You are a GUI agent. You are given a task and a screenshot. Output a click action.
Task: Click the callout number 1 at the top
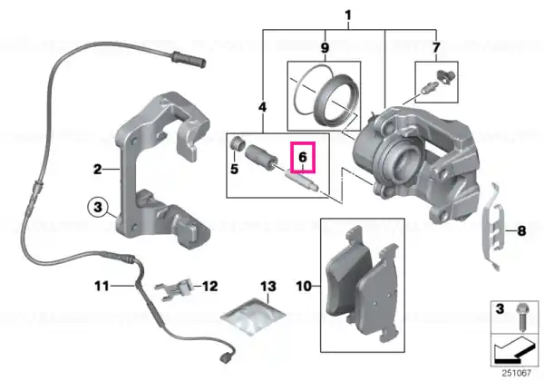[x=348, y=15]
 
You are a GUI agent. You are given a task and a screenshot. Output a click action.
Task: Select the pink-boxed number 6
[x=303, y=157]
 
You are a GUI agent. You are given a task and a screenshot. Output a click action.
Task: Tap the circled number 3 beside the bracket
[x=98, y=207]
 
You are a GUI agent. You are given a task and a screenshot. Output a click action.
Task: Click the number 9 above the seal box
[x=325, y=47]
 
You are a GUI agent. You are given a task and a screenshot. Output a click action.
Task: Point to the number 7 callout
[x=436, y=47]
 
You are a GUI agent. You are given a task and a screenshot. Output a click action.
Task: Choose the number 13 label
[x=268, y=287]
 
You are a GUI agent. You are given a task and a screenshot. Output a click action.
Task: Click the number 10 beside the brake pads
[x=304, y=287]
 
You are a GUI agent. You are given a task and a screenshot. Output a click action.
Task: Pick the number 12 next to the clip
[x=210, y=287]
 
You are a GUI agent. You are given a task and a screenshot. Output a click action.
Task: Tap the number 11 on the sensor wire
[x=102, y=287]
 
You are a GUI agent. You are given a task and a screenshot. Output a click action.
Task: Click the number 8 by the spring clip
[x=521, y=230]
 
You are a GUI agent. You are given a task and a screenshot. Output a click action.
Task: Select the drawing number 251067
[x=517, y=373]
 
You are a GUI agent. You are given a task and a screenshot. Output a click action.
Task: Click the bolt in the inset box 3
[x=521, y=317]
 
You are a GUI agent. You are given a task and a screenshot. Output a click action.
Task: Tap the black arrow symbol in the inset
[x=514, y=350]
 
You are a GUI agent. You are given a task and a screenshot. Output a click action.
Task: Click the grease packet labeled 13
[x=253, y=317]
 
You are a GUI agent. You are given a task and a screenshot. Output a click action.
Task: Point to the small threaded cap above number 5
[x=238, y=142]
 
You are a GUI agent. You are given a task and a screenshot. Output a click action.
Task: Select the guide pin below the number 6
[x=300, y=180]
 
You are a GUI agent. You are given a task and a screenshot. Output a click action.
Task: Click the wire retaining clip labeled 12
[x=174, y=289]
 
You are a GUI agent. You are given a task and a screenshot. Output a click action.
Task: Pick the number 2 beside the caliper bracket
[x=98, y=170]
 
